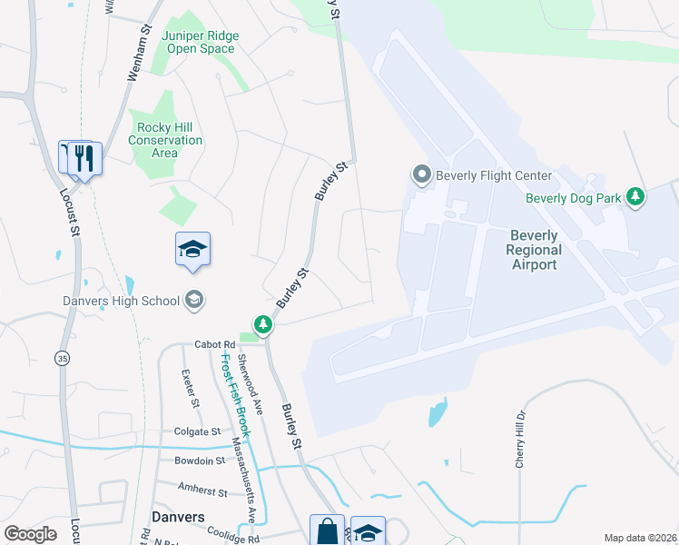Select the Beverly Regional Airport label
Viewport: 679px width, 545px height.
point(532,249)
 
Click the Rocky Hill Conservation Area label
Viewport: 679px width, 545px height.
point(165,140)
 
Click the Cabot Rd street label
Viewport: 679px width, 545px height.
point(214,345)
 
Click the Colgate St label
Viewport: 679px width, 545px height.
point(197,431)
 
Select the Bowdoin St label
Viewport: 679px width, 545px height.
point(200,461)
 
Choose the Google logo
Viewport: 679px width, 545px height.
point(30,534)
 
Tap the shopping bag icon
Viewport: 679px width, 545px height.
point(327,530)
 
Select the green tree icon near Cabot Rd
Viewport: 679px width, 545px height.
point(263,323)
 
